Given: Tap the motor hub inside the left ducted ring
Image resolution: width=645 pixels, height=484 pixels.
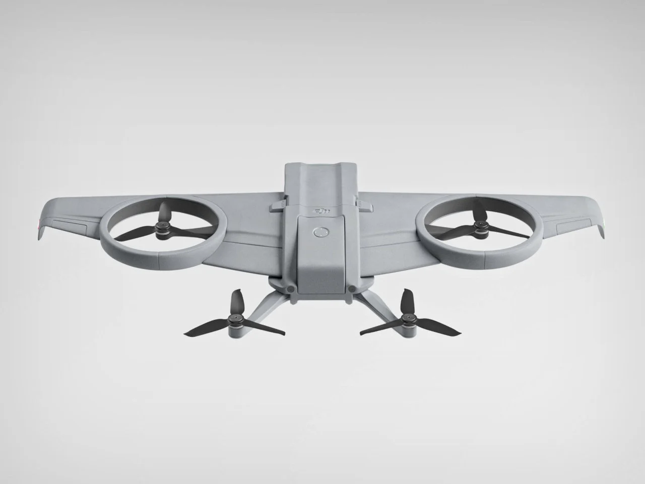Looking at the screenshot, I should pyautogui.click(x=163, y=229).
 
